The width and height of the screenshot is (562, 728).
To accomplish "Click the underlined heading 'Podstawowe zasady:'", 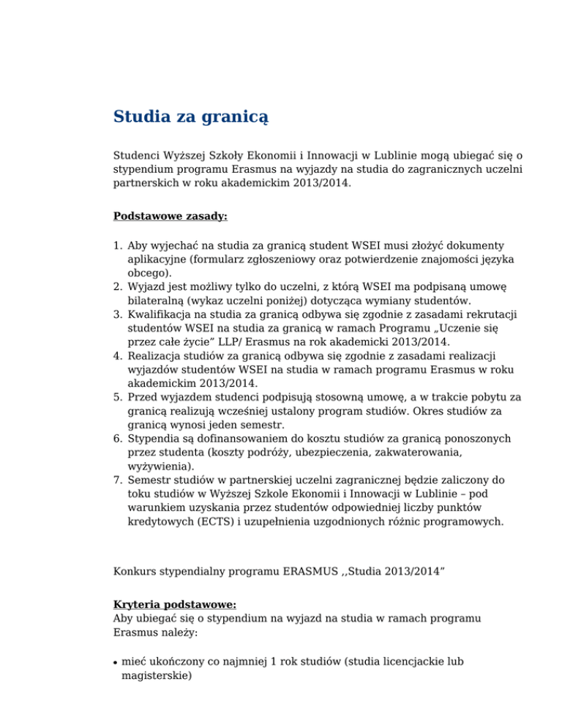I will [161, 216].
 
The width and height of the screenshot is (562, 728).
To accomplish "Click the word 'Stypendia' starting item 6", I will [155, 438].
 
